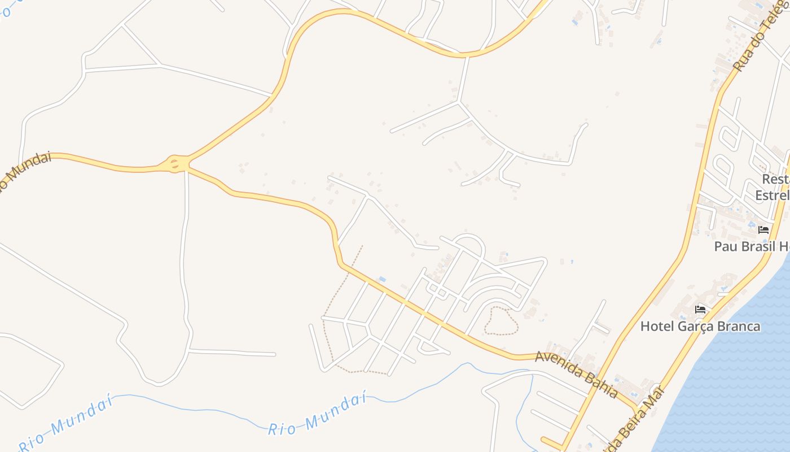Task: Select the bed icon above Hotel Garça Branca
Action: (x=700, y=309)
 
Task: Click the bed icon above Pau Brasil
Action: (x=763, y=229)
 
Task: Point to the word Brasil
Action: (x=756, y=246)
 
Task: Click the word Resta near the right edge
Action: (x=775, y=179)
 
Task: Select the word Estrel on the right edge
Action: (x=772, y=195)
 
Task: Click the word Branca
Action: (x=740, y=327)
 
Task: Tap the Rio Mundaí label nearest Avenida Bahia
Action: (x=317, y=416)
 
